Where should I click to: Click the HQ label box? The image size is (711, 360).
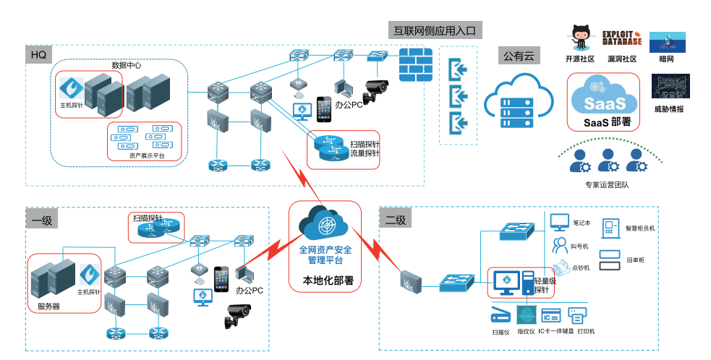coord(37,54)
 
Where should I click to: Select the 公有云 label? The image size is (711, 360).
coord(519,56)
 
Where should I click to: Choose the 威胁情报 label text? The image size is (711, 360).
coord(668,109)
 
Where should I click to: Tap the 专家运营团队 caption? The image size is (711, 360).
coord(606,184)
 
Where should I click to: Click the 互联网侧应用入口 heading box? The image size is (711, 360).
coord(435,31)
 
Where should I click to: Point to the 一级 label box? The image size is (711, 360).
coord(41,220)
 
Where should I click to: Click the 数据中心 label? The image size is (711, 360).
coord(126,65)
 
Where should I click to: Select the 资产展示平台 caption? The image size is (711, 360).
coord(146,155)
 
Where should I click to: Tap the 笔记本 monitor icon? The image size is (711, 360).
coord(560,222)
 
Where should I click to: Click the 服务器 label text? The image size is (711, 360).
coord(48,306)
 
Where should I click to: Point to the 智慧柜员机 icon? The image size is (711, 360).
coord(610,227)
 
